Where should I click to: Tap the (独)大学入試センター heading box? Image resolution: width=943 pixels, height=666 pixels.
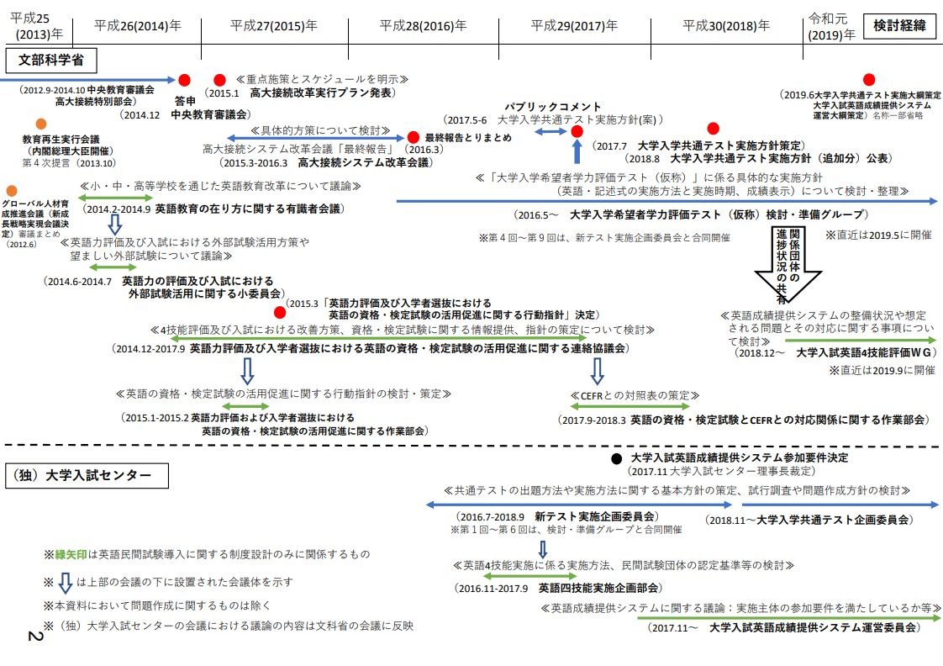pos(87,475)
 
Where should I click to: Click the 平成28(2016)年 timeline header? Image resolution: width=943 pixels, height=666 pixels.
pos(423,26)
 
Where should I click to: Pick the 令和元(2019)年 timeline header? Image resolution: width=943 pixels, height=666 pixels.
pos(830,26)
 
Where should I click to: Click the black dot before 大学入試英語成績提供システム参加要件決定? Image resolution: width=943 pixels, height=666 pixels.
pos(616,458)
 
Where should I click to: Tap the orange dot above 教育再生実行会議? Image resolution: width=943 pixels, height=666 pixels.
pos(41,124)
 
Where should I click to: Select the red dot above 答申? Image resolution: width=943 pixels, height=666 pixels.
pos(185,80)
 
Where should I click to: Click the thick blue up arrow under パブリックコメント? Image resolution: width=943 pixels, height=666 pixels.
pos(577,151)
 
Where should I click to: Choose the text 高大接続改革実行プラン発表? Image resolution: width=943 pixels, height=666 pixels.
pos(323,92)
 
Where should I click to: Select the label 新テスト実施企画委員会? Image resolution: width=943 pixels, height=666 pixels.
pos(596,515)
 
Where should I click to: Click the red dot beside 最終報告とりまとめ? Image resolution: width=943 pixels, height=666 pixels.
pos(414,136)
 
